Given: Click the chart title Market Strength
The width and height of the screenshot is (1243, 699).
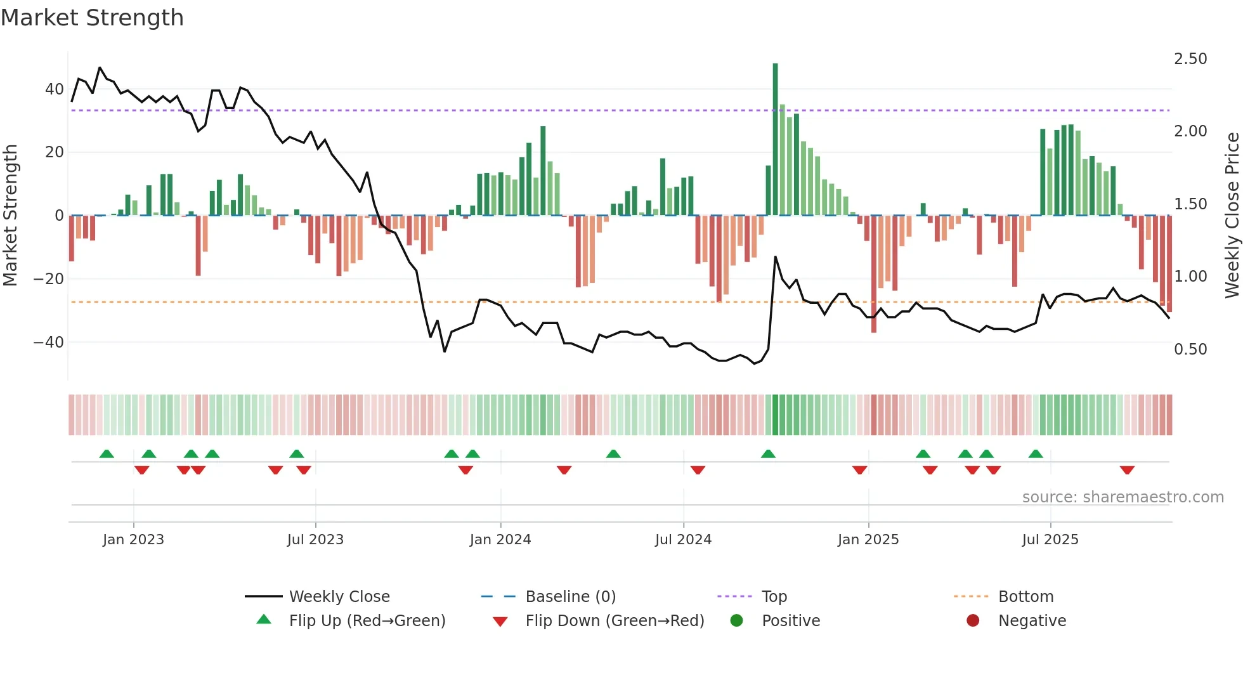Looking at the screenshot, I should pos(92,18).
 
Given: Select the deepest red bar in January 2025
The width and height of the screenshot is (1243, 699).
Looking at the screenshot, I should pos(873,273).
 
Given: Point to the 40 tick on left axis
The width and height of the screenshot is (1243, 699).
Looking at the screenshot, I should pos(55,89).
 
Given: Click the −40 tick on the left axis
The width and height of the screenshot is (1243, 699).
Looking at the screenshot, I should pos(49,343).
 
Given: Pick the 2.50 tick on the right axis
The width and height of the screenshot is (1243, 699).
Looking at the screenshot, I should pos(1190,59).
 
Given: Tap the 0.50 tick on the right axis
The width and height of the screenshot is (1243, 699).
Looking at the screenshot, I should pos(1190,349).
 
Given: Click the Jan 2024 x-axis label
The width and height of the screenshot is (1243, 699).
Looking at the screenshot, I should pos(500,540).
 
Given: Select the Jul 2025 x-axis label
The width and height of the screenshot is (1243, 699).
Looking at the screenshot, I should pos(1050,540).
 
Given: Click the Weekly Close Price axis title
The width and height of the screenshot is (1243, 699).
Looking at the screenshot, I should pos(1232,216).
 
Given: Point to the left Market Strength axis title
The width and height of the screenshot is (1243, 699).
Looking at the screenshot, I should pos(10,216).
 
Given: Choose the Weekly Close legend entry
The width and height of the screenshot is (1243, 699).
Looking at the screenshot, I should pos(339,597).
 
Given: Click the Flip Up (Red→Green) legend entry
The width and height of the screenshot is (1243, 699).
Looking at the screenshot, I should pos(367,621).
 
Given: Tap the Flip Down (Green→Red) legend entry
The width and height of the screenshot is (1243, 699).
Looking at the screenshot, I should pos(614,621).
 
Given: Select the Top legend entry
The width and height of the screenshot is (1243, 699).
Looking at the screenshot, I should pos(774,597).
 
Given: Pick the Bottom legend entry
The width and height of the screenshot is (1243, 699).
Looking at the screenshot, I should pos(1025,597).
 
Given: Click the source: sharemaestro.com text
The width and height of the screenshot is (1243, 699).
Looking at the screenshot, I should pos(1123,497).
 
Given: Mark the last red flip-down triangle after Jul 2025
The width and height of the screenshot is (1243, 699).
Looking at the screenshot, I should pos(1127,470).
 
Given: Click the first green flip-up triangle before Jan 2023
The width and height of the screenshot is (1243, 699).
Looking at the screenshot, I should pos(107,454).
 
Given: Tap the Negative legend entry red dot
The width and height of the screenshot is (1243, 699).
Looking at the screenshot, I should pos(973,621).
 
